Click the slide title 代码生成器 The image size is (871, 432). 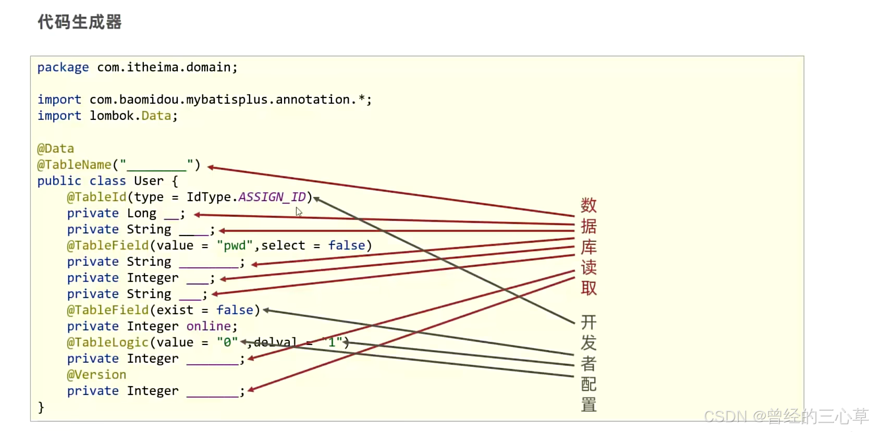tap(79, 22)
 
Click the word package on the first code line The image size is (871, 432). tap(63, 68)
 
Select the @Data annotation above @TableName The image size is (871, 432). tap(55, 149)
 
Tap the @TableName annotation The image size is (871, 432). tap(74, 165)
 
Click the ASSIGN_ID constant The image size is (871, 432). tap(272, 197)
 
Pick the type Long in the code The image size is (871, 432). tap(141, 213)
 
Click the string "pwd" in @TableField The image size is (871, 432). tap(235, 245)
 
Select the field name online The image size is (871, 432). tap(208, 326)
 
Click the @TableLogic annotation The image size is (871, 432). tap(107, 342)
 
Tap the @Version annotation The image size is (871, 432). tap(96, 375)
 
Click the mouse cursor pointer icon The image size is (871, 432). tap(299, 212)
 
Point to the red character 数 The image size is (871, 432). tap(588, 205)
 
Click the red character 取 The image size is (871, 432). tap(588, 288)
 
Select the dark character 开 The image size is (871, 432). tap(588, 322)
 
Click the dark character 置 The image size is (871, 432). tap(588, 404)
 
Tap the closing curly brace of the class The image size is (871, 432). tap(41, 407)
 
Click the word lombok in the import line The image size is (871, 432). tap(112, 116)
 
